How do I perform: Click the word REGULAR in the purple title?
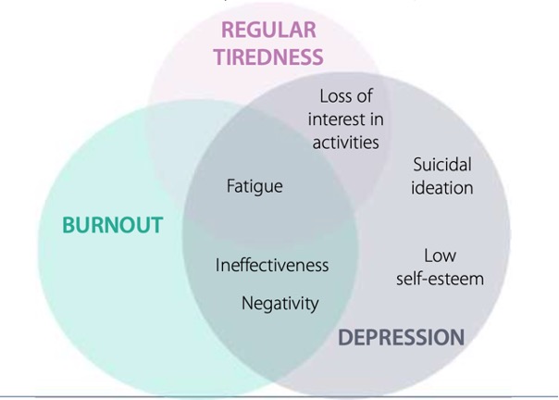point(268,29)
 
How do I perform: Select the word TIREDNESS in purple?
point(268,56)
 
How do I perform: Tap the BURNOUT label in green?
point(112,225)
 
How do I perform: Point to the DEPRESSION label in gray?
point(401,337)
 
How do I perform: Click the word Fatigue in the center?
point(255,186)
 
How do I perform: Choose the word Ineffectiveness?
point(272,265)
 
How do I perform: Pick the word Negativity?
point(279,303)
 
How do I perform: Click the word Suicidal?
point(442,165)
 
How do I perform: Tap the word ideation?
point(442,188)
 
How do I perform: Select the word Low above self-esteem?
point(440,256)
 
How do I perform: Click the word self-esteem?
point(440,279)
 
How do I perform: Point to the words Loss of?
point(345,95)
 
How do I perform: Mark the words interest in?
point(345,119)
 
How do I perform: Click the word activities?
point(345,142)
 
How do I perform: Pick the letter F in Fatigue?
point(231,186)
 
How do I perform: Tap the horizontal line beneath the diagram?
point(278,396)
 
